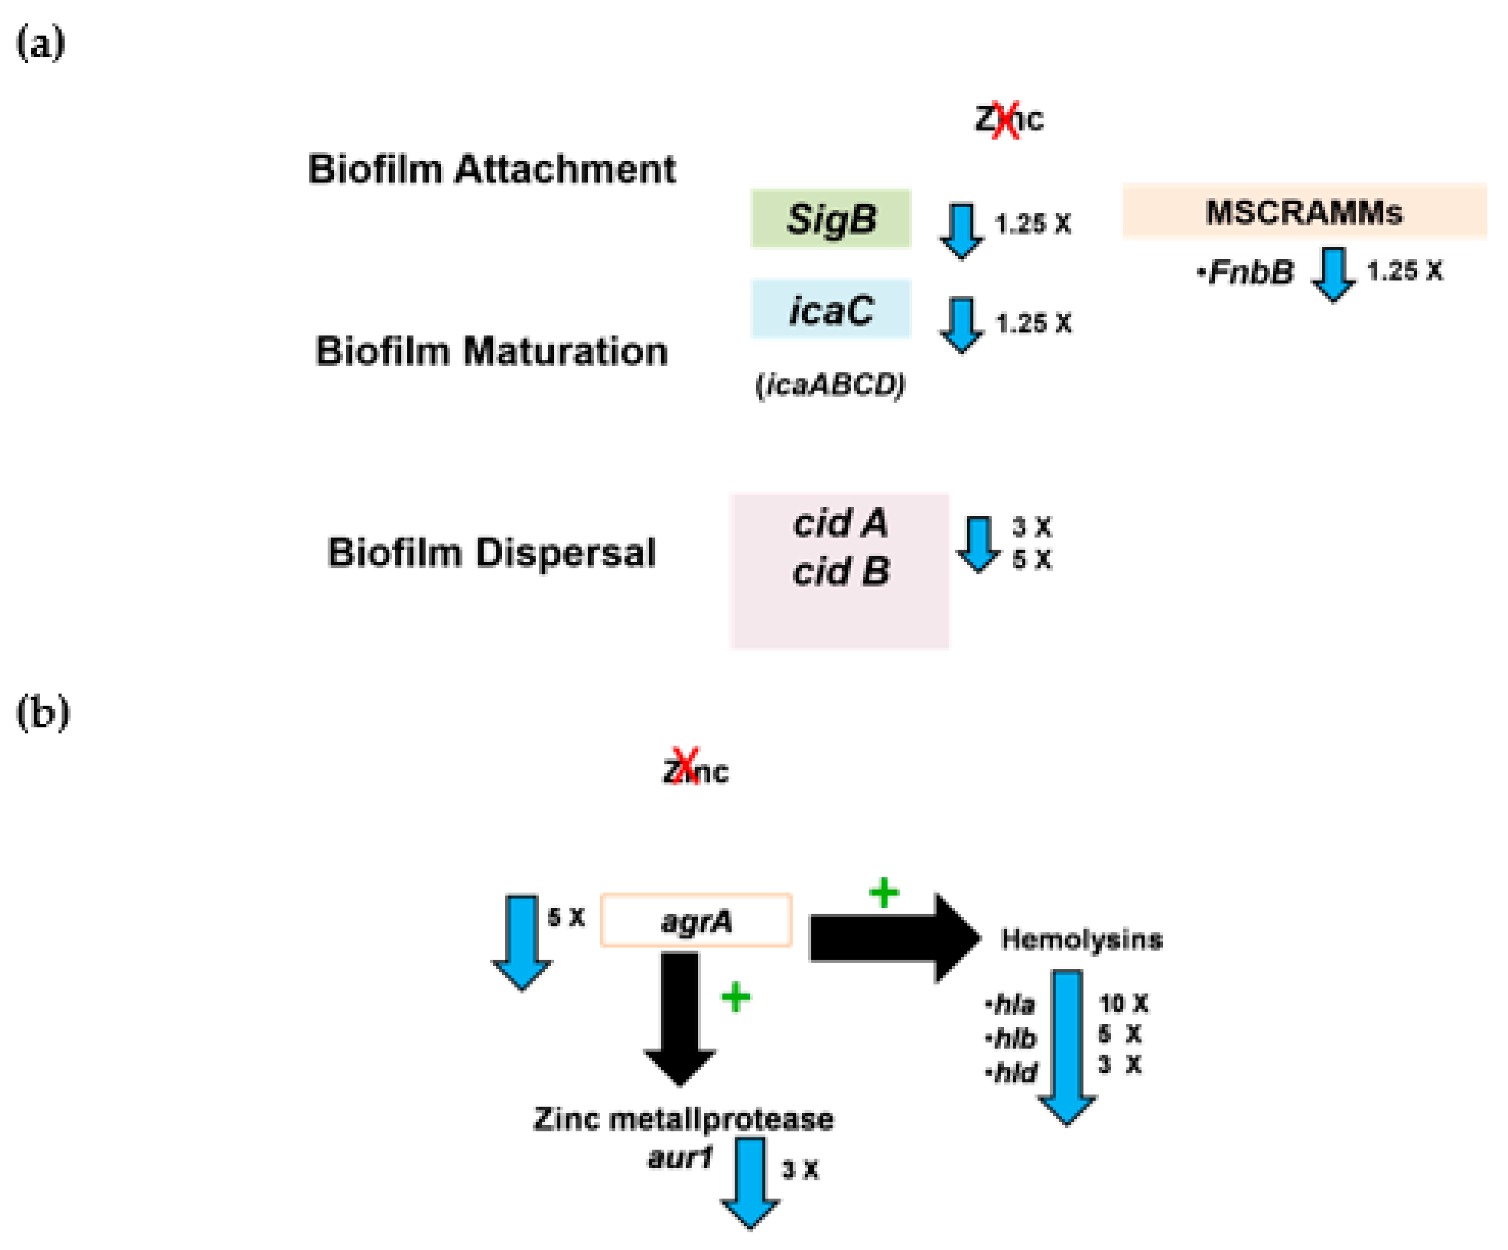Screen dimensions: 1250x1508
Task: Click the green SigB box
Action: click(831, 218)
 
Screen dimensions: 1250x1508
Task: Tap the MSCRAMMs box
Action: click(1304, 211)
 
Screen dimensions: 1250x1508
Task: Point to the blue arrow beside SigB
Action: click(962, 230)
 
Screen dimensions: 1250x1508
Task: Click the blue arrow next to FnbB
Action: click(1333, 274)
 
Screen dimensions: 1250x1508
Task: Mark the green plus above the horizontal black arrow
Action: click(884, 893)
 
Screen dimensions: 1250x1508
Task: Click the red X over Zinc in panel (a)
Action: click(1006, 119)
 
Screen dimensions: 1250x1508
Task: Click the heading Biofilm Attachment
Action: click(492, 169)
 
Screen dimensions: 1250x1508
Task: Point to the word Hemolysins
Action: click(1082, 940)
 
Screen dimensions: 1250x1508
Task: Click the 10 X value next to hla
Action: click(1124, 1003)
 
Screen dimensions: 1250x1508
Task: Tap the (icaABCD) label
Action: click(830, 385)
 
